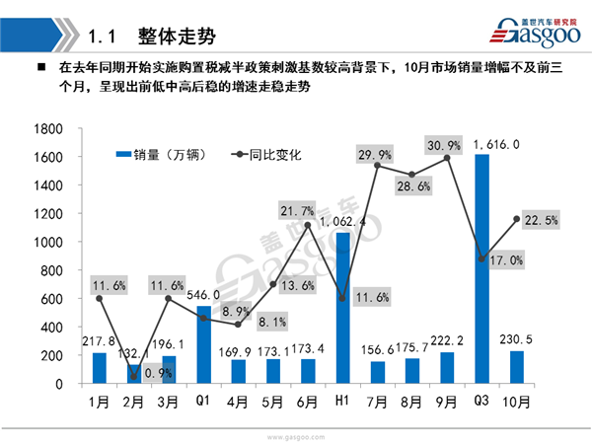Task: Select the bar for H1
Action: [342, 308]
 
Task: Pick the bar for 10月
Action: [515, 367]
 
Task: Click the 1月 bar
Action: [99, 368]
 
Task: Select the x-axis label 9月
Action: [446, 403]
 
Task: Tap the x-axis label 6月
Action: [307, 403]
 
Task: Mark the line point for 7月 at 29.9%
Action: [377, 165]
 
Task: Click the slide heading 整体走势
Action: [178, 37]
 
